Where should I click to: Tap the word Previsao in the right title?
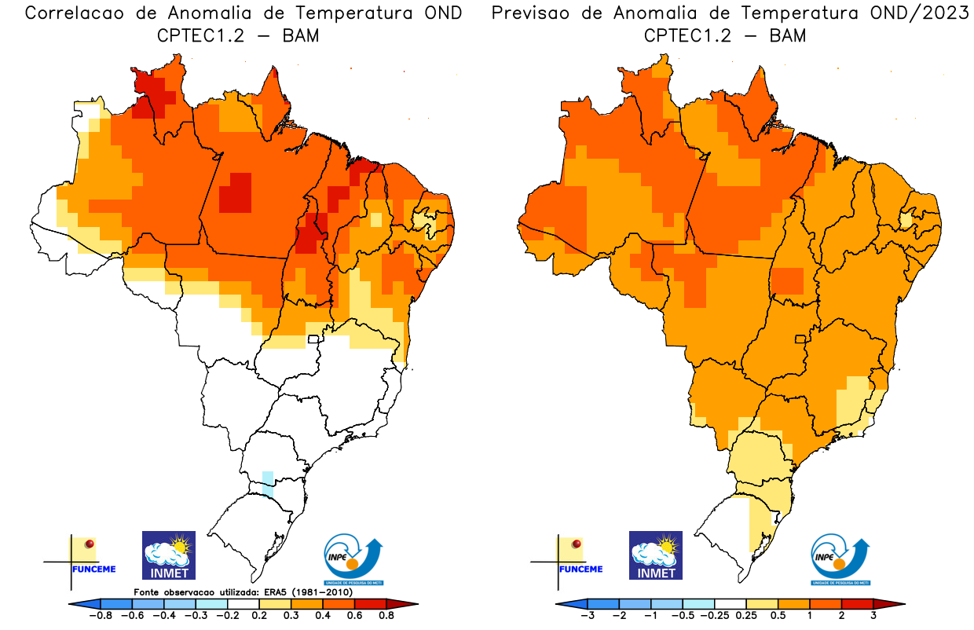pyautogui.click(x=533, y=13)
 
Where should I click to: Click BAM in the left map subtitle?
pyautogui.click(x=300, y=35)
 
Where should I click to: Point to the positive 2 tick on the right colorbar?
pyautogui.click(x=841, y=615)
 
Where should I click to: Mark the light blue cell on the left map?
pyautogui.click(x=268, y=483)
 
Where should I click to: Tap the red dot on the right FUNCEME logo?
pyautogui.click(x=577, y=544)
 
